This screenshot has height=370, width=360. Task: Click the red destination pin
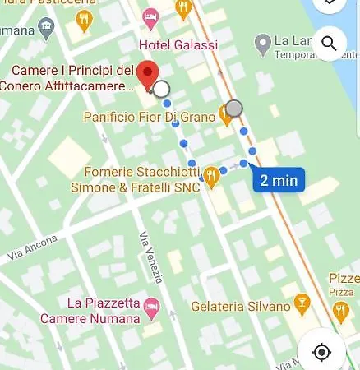[x=148, y=75]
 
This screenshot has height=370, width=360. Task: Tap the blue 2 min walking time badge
[x=279, y=180]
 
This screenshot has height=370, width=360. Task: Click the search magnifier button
[x=329, y=43]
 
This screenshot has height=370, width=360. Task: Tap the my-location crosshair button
[x=321, y=352]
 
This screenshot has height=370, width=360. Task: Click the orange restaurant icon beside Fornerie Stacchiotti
[x=211, y=174]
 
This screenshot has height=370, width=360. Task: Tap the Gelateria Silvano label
[x=242, y=306]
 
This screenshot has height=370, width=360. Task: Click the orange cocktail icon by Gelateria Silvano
[x=301, y=305]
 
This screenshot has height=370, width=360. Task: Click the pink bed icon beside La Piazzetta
[x=151, y=310]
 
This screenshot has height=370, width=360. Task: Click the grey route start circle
[x=234, y=109]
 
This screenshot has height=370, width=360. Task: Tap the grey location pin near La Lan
[x=262, y=41]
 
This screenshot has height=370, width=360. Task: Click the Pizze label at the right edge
[x=344, y=280]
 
